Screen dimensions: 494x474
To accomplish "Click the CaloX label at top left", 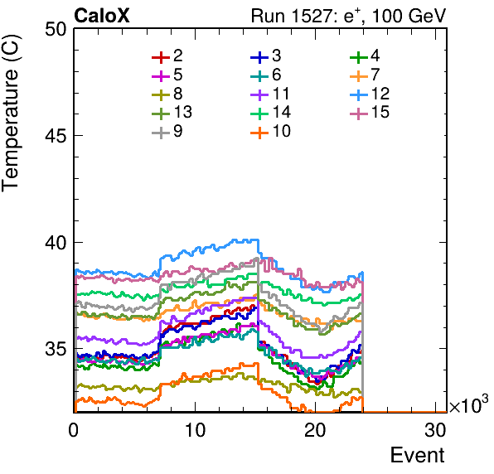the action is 102,16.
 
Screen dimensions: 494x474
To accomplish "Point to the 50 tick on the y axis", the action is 56,30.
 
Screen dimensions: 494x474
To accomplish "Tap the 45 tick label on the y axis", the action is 56,136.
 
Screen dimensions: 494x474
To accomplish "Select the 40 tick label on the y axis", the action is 56,243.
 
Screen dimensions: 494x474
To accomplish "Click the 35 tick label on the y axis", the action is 56,349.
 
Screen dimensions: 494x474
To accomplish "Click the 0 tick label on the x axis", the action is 74,429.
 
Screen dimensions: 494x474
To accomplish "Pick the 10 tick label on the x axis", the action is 195,429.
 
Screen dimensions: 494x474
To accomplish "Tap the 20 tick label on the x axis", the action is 315,429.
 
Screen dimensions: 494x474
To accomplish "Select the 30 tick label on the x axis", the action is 436,429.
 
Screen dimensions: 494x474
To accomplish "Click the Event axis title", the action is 418,455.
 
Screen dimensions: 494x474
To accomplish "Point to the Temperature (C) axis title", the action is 11,114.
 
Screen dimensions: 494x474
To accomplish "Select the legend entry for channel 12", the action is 370,94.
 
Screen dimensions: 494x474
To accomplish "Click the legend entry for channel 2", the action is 167,56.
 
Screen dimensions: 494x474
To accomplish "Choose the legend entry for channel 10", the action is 271,131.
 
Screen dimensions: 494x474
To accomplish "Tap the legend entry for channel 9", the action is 167,131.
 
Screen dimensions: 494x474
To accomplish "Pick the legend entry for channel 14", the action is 271,113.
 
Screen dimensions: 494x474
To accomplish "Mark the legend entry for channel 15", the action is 370,113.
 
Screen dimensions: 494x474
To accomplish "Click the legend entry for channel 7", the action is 365,75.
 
